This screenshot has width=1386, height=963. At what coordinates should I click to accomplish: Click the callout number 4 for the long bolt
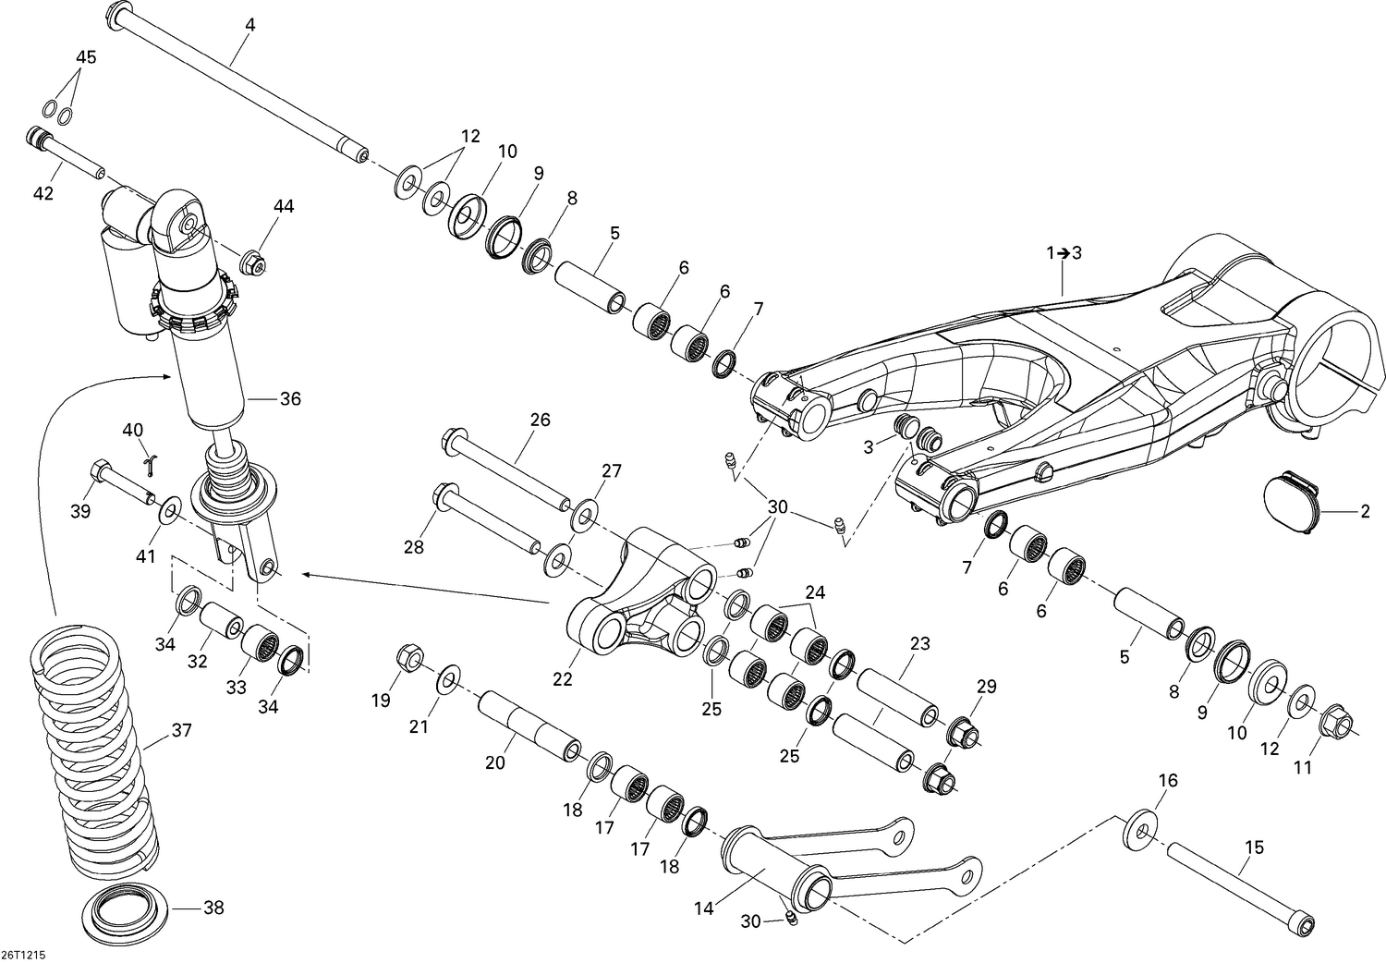[249, 26]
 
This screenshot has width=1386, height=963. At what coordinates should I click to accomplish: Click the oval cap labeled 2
[1291, 502]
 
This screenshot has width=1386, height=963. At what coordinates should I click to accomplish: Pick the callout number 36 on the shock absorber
[290, 399]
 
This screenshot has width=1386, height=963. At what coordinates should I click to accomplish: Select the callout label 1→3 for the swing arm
[1063, 253]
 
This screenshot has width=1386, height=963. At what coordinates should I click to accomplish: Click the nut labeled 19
[408, 660]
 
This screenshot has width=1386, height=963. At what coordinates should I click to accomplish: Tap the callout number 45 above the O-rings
[86, 57]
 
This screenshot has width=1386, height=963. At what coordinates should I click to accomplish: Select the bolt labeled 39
[119, 483]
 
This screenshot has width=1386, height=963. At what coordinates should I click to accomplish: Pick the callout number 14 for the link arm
[703, 908]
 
